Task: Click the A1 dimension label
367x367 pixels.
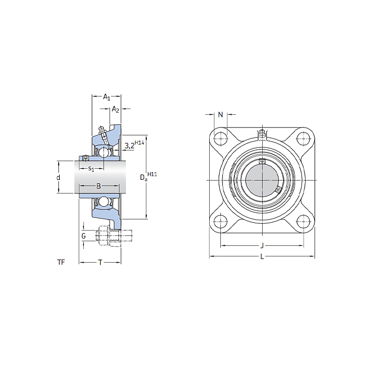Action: (x=107, y=97)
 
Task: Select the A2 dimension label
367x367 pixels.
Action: (x=115, y=109)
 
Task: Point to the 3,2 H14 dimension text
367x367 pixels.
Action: (x=134, y=145)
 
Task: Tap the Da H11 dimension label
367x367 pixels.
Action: (x=148, y=177)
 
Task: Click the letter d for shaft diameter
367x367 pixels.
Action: (x=58, y=177)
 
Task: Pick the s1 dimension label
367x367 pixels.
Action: (x=91, y=168)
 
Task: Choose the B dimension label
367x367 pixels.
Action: (x=99, y=186)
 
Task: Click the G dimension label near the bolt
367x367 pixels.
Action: (x=83, y=236)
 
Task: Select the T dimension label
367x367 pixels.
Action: (x=100, y=262)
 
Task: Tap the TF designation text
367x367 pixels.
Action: (x=61, y=262)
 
